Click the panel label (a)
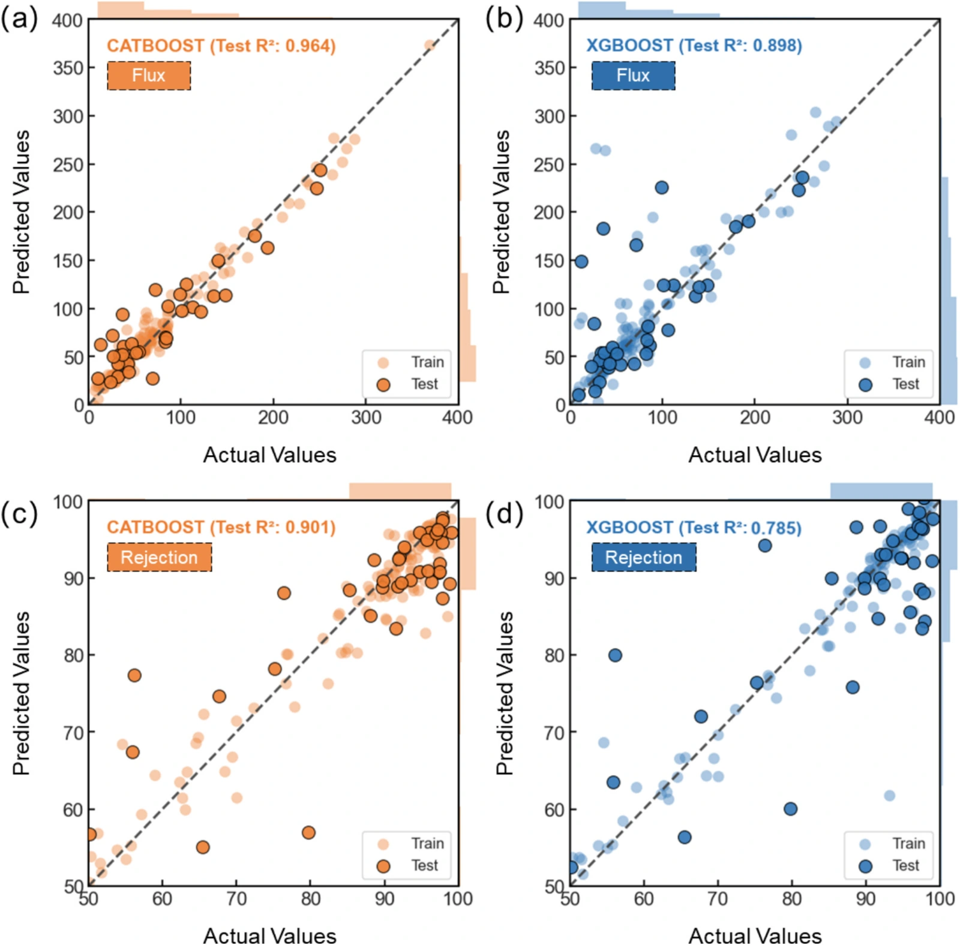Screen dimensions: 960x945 [19, 19]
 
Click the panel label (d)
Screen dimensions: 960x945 [505, 514]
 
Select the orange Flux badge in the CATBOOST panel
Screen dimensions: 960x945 [149, 76]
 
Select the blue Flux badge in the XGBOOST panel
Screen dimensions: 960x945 [633, 76]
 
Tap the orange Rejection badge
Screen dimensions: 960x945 [160, 557]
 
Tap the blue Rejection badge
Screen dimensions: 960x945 [644, 557]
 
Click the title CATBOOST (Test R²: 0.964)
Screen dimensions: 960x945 [221, 46]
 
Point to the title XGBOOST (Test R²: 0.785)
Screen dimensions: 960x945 [694, 527]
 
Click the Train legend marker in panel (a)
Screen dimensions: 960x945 [383, 363]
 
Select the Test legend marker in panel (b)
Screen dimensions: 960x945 [865, 385]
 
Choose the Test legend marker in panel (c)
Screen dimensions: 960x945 [383, 866]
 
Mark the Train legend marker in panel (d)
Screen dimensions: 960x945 [865, 844]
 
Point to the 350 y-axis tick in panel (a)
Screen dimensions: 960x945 [67, 68]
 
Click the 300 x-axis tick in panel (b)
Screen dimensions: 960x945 [847, 417]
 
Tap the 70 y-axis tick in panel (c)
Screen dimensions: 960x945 [73, 733]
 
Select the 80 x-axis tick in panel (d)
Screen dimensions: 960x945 [792, 898]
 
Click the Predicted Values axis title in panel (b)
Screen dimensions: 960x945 [502, 212]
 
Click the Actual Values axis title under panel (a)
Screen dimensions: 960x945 [270, 455]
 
